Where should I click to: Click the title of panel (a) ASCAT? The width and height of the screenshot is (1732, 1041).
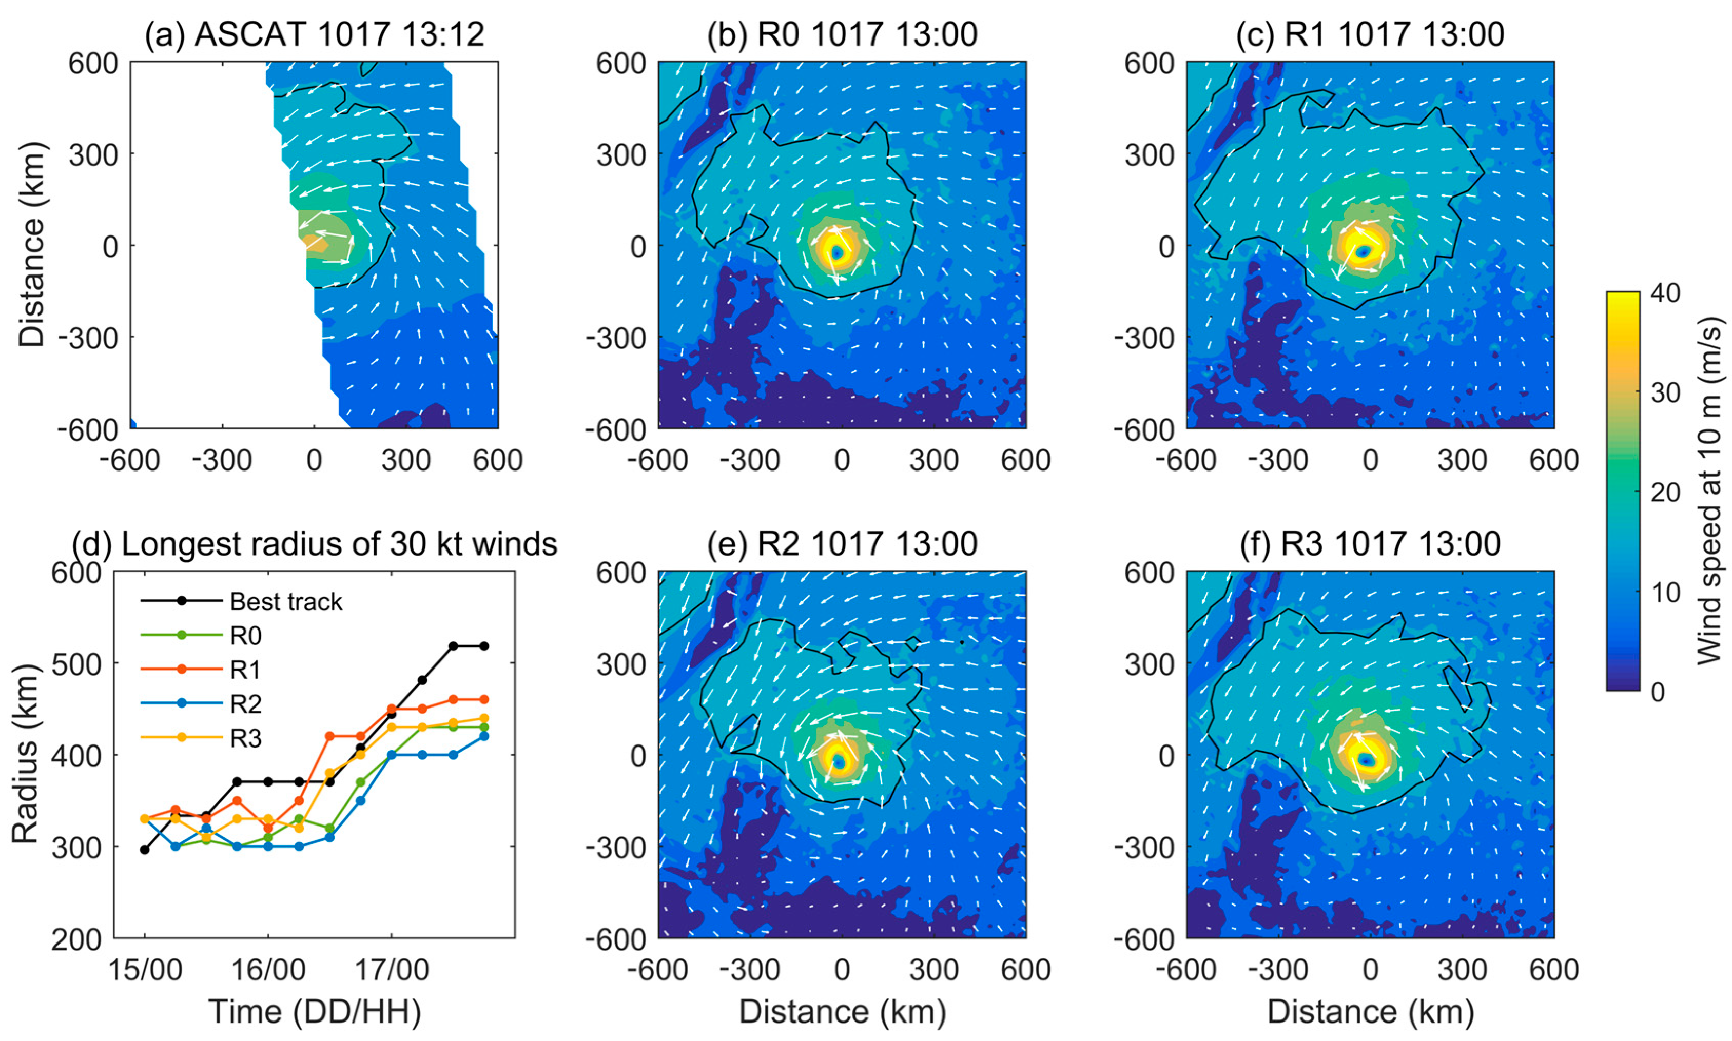(314, 34)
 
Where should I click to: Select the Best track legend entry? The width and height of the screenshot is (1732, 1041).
(285, 601)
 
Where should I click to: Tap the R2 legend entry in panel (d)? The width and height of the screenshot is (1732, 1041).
(245, 703)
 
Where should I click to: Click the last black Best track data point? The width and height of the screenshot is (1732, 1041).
(484, 645)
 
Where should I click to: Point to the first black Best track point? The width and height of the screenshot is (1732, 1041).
(145, 850)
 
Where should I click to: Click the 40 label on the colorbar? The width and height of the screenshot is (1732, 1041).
(1665, 292)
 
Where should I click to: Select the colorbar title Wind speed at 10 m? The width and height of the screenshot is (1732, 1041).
(1709, 491)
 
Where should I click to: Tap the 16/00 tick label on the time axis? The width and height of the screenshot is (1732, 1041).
(268, 970)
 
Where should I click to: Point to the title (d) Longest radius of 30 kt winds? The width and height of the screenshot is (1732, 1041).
(314, 544)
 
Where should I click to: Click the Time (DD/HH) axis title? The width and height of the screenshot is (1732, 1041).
(314, 1012)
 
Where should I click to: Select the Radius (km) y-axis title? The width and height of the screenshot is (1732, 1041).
(25, 755)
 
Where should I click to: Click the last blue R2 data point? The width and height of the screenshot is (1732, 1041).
(484, 736)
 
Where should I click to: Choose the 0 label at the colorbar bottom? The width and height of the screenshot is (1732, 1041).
(1658, 692)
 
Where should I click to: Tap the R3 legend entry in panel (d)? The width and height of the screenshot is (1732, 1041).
(245, 738)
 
